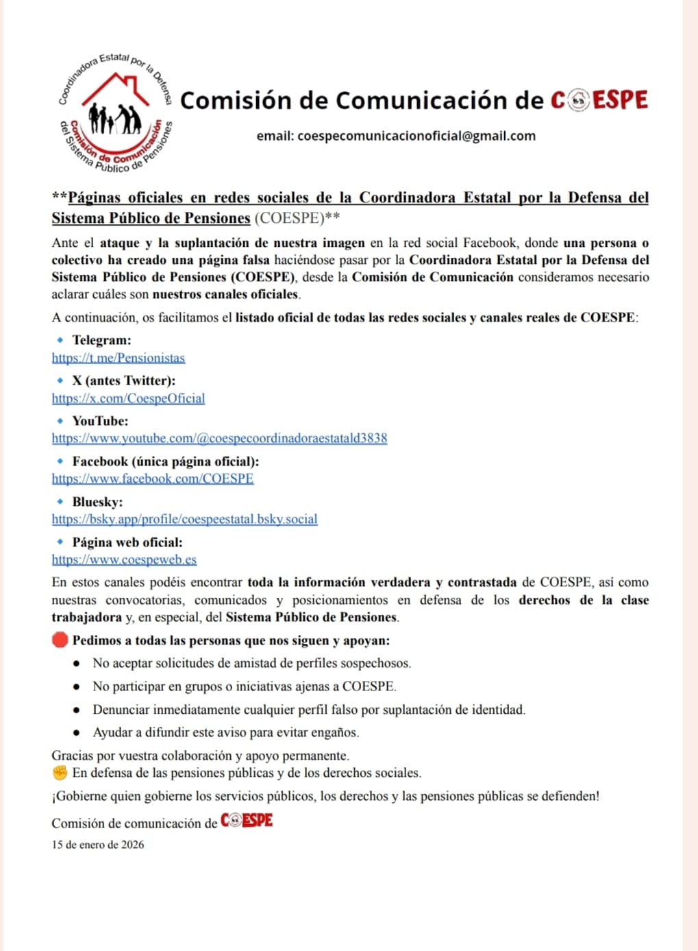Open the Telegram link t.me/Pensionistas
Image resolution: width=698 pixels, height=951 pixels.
point(119,358)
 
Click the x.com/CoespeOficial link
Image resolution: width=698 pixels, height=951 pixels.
point(128,398)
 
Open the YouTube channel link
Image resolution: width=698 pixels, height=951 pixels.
point(219,438)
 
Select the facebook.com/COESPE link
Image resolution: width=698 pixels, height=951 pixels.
point(153,479)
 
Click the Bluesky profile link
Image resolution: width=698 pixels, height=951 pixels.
point(184,519)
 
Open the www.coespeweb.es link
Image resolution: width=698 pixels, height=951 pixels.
point(124,559)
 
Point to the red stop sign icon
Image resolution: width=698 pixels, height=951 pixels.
point(60,640)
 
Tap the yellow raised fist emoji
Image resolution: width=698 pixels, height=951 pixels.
point(60,773)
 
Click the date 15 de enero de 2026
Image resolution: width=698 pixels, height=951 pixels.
point(98,845)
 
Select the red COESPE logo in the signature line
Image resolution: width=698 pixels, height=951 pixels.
point(247,821)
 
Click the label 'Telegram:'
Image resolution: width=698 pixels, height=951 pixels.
point(101,340)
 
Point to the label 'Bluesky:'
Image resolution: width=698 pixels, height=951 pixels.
point(97,502)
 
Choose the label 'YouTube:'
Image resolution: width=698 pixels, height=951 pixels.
point(100,421)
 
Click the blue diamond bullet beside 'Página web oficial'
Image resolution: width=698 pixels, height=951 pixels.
point(60,542)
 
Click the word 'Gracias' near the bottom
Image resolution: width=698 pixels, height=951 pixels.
point(73,756)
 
